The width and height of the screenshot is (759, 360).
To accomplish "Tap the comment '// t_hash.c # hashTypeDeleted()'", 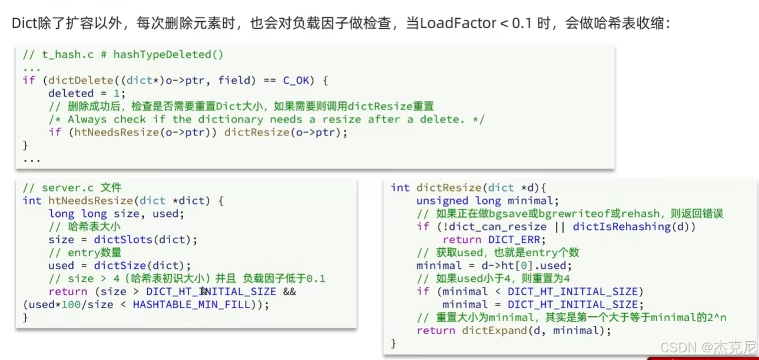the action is click(x=124, y=55).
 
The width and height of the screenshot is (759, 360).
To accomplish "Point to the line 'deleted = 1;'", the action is click(x=87, y=94).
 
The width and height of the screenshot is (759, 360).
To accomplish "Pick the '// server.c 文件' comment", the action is click(x=72, y=188).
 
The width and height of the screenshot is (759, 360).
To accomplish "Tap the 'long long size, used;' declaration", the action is click(x=117, y=214).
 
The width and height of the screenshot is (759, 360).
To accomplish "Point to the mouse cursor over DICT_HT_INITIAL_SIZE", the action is click(x=204, y=290).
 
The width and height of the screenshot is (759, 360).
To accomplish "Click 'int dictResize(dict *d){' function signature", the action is click(x=469, y=188).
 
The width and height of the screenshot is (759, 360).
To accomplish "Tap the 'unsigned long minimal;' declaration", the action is click(x=488, y=201).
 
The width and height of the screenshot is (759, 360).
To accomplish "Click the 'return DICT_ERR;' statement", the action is click(x=493, y=240).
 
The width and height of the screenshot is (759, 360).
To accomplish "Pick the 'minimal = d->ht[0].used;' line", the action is click(x=494, y=266).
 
